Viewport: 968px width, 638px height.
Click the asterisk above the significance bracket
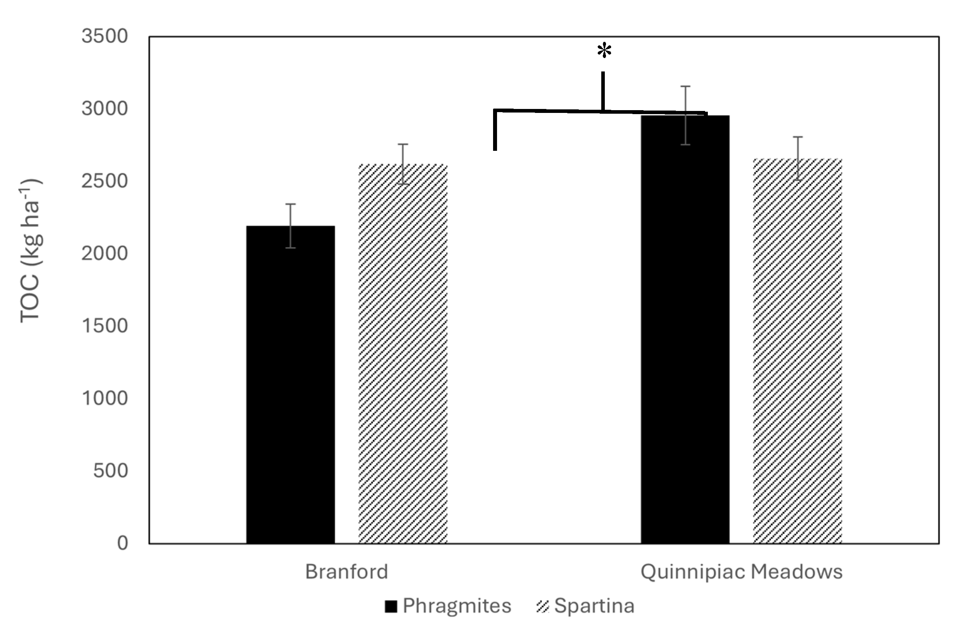tap(604, 51)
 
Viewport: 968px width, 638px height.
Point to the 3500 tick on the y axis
tap(105, 36)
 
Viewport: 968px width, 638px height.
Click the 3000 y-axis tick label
tap(105, 109)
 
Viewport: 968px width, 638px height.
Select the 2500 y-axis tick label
tap(105, 181)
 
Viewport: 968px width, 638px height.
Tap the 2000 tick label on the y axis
tap(105, 253)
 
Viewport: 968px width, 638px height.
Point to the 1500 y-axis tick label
tap(105, 326)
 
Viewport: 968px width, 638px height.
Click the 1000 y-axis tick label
tap(105, 398)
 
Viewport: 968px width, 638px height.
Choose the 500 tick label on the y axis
tap(110, 471)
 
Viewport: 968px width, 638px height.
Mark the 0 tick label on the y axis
tap(122, 543)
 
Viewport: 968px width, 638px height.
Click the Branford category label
tap(347, 572)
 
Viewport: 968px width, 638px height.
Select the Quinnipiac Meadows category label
tap(741, 572)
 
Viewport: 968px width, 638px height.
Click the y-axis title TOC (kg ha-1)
tap(30, 250)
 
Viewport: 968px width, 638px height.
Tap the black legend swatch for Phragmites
tap(390, 606)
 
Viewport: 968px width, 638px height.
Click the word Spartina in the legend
tap(594, 606)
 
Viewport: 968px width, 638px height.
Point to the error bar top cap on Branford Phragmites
tap(291, 204)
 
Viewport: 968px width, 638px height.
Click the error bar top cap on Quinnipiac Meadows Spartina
tap(797, 137)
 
